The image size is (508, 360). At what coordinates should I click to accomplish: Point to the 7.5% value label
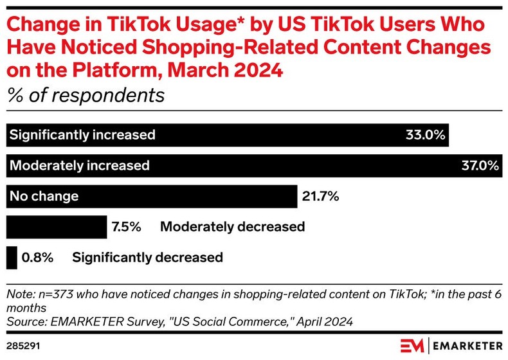pos(126,227)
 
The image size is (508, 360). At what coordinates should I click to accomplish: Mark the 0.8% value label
pos(37,258)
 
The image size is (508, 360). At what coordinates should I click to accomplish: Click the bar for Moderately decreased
pos(57,227)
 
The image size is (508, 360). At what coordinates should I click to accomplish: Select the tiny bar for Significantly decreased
pos(11,258)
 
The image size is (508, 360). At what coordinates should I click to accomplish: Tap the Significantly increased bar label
pos(82,135)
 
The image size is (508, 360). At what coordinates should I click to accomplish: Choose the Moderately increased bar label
pos(79,165)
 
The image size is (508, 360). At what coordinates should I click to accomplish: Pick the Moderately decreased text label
pos(232,227)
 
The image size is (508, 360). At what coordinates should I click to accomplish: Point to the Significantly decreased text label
pos(147,258)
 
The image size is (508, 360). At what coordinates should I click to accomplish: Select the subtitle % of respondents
pos(85,96)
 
